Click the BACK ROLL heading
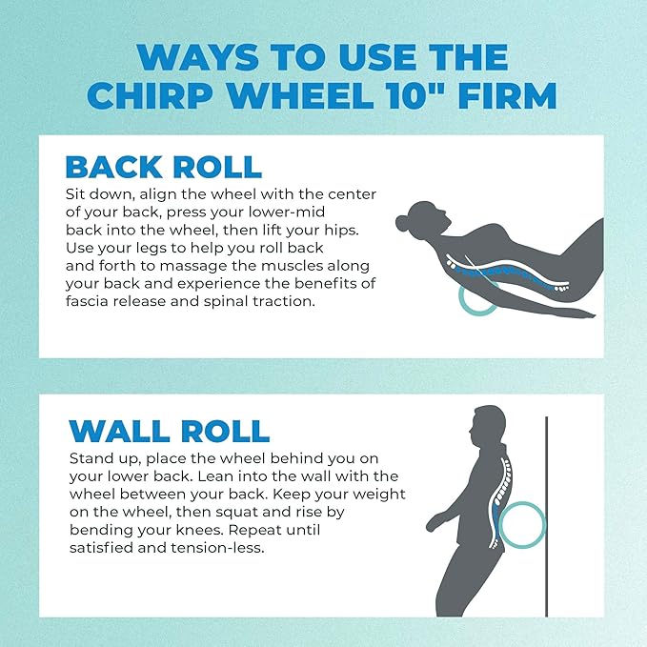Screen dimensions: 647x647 (163, 166)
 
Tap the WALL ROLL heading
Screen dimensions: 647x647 (168, 430)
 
